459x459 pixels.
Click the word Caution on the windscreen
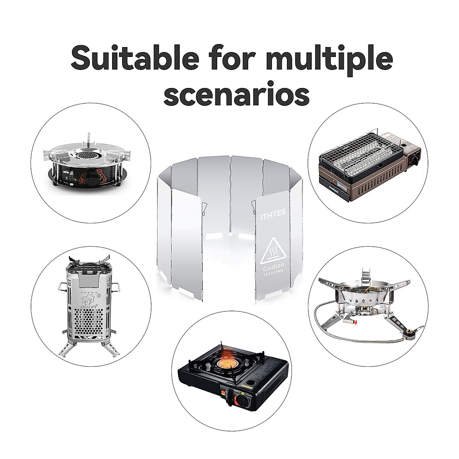click(273, 265)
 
